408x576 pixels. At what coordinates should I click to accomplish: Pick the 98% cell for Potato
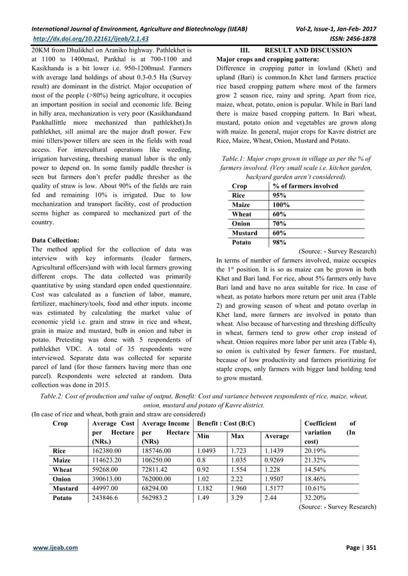pyautogui.click(x=279, y=243)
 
